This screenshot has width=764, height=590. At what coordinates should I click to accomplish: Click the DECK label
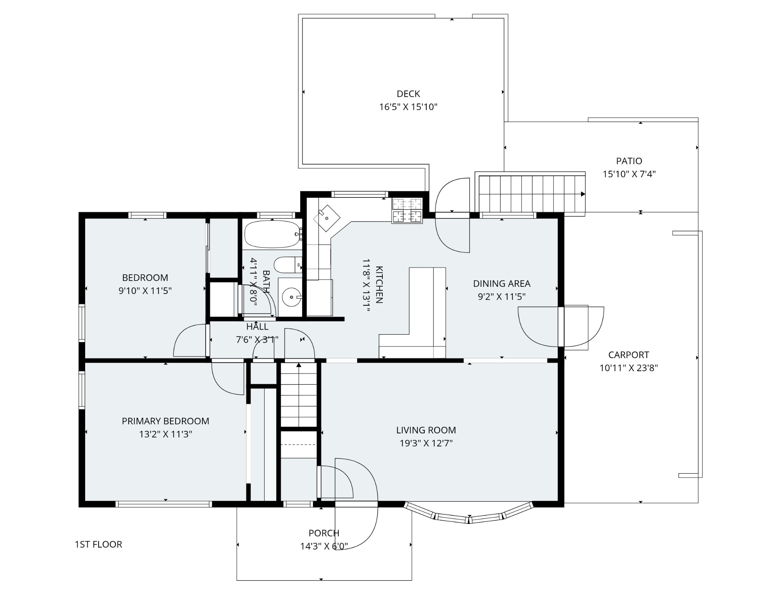point(408,94)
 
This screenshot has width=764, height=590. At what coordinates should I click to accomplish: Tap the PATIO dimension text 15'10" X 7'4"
point(629,174)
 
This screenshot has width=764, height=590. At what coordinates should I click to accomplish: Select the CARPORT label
point(628,355)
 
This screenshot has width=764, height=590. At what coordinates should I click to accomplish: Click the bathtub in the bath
point(272,234)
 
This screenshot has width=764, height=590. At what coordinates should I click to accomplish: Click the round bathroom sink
point(291,297)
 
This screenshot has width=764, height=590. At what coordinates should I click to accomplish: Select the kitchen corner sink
point(327,218)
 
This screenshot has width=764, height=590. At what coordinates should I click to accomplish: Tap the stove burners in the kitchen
point(407,210)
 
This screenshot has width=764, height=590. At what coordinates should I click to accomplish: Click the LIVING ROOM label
point(426,430)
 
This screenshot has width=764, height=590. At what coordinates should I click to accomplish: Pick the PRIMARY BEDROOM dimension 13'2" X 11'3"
point(165,434)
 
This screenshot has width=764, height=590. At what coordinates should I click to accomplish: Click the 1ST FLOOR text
point(98,544)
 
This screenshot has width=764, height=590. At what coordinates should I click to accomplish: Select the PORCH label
point(324,533)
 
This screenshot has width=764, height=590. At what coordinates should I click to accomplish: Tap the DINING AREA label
point(502,283)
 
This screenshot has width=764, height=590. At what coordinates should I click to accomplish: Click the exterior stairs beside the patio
point(531,194)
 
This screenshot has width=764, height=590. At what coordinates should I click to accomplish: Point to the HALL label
point(257,327)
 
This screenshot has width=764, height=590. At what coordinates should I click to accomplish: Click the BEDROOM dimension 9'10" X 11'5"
point(145,291)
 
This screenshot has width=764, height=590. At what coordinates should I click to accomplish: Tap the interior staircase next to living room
point(299,395)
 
